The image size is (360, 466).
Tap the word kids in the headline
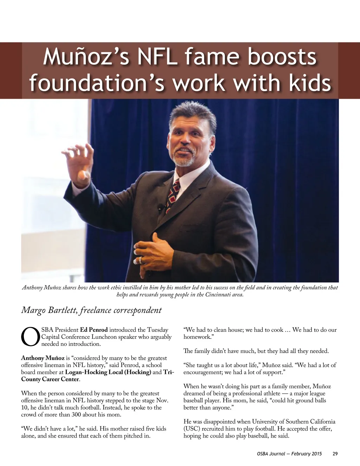click(310, 83)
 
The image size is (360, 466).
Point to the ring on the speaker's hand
click(140, 260)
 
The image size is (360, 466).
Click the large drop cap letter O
click(30, 337)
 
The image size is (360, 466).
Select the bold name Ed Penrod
click(94, 330)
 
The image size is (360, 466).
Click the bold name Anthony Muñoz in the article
click(43, 358)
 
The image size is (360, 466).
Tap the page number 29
click(335, 454)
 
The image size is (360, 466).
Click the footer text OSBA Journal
click(271, 454)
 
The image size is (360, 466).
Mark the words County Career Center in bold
click(50, 379)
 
